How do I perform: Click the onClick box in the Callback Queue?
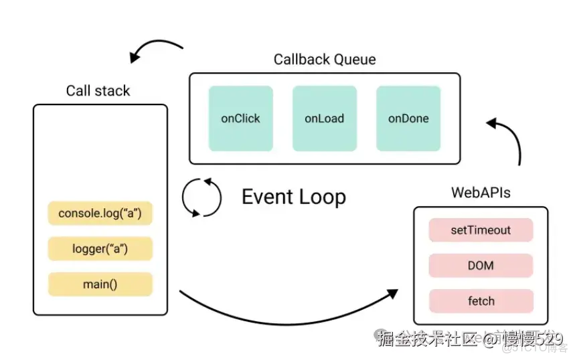(240, 118)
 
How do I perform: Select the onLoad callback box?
(324, 118)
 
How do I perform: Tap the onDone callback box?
(408, 118)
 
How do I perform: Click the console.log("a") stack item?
(100, 213)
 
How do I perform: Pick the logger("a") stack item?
(100, 249)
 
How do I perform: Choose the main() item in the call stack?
(100, 284)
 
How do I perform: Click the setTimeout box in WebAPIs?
(481, 230)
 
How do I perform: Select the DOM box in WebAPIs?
(481, 266)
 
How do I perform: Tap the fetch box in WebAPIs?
(481, 301)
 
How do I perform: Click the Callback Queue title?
(325, 60)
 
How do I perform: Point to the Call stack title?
(98, 91)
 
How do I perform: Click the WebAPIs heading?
(481, 193)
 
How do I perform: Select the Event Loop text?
(293, 197)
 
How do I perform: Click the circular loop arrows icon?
(201, 197)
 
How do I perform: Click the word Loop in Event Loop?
(323, 197)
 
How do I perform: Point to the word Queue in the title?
(352, 60)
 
